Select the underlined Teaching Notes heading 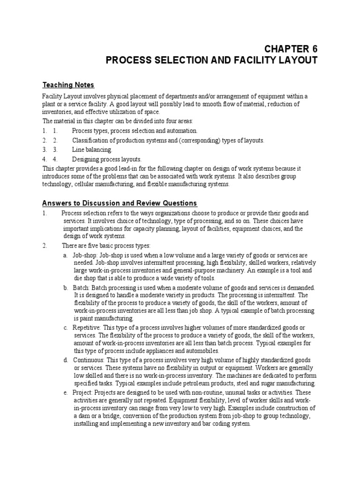(x=68, y=85)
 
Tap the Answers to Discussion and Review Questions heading (x=120, y=203)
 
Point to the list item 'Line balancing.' (x=92, y=150)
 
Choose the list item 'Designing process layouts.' (x=106, y=159)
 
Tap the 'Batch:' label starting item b (x=82, y=287)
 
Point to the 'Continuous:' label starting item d (x=89, y=360)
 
